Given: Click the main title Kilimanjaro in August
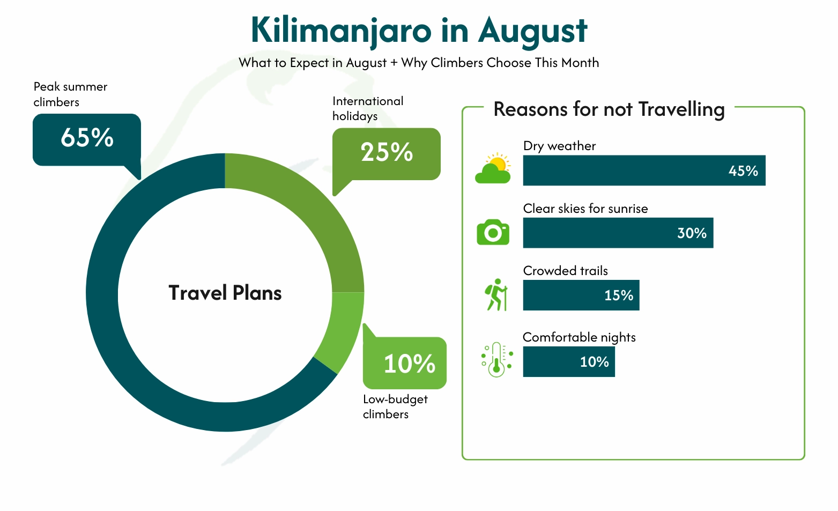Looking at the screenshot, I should [x=419, y=30].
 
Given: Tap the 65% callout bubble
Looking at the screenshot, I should [x=87, y=139].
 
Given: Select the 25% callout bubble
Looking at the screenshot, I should [x=387, y=153].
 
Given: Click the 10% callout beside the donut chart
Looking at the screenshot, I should [x=405, y=363].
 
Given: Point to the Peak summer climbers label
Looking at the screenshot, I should [x=70, y=94].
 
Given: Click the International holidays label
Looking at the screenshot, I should [x=368, y=108].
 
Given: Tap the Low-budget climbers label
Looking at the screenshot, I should [x=395, y=406].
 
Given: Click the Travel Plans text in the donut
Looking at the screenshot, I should [x=225, y=293].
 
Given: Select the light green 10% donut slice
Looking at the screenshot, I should [x=341, y=330].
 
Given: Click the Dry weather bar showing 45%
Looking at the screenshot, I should [x=644, y=171].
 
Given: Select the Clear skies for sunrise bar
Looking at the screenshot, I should [x=618, y=233].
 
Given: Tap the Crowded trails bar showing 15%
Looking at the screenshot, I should [x=581, y=295].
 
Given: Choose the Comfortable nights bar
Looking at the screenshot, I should [x=569, y=361].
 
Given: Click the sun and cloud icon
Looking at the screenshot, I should [x=493, y=168].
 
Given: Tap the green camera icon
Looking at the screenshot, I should [x=493, y=232].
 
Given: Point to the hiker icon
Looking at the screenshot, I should [x=496, y=294].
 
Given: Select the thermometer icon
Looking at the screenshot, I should [x=496, y=359].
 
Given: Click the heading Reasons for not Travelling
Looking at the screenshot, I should [x=609, y=109].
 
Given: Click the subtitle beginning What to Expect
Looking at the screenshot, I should [x=419, y=63].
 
